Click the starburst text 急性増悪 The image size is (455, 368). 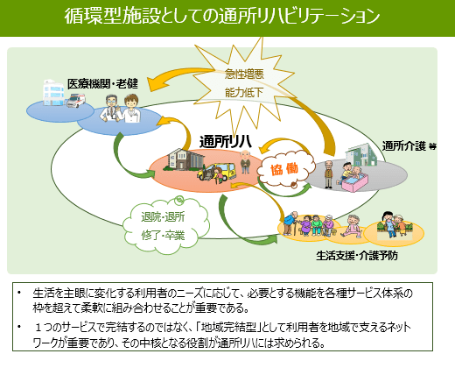(x=239, y=75)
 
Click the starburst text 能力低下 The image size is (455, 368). (x=239, y=92)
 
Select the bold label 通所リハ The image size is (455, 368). (x=225, y=141)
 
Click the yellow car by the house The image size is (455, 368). (x=213, y=170)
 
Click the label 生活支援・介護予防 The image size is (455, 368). (x=360, y=258)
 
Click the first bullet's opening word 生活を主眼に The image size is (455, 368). (x=66, y=290)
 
